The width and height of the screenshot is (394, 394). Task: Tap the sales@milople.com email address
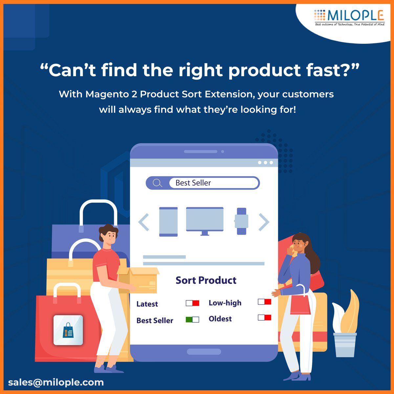pos(56,382)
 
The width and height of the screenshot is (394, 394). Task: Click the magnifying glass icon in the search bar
pos(157,183)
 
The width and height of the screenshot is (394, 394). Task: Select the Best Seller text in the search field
pos(193,183)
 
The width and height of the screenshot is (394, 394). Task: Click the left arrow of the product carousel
pos(144,222)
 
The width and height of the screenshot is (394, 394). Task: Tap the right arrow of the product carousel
pos(264,222)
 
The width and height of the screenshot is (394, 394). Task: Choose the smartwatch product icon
pos(241,221)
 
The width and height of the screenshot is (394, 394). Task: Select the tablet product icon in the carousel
pos(168,222)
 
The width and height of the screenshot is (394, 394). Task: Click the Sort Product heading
pos(206,280)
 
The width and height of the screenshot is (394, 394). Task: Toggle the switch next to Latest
pos(192,303)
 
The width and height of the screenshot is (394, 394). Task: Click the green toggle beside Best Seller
pos(192,319)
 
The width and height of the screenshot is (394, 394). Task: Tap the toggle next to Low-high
pos(264,302)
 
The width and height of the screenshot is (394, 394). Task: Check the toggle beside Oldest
pos(264,317)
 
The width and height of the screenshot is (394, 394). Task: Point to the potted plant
pos(345,332)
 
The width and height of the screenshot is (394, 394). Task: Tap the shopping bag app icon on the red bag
pos(68,330)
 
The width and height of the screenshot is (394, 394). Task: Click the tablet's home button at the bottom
pos(204,352)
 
